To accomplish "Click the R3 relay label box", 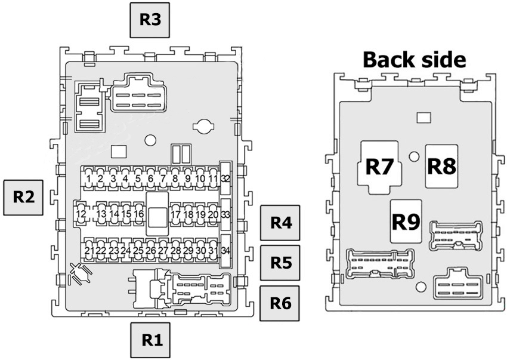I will [150, 20].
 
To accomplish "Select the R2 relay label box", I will [23, 196].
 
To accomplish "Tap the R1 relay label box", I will [152, 340].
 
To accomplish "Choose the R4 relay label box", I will [280, 223].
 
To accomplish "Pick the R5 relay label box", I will [280, 263].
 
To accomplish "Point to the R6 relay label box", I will [280, 303].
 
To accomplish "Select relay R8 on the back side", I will [441, 166].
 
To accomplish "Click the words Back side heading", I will [414, 60].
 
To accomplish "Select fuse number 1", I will [88, 178].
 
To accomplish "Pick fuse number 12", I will [82, 214].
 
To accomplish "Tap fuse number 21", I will [89, 250].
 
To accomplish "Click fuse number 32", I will [225, 178].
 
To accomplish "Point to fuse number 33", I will [225, 214].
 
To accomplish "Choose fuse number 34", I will [225, 250].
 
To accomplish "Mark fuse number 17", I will [175, 214].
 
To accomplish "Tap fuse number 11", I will [213, 178].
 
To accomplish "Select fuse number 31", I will [213, 250].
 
